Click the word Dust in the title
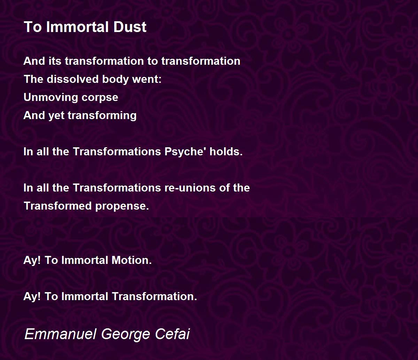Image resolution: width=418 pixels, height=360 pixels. pyautogui.click(x=130, y=27)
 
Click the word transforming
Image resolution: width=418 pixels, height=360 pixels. pyautogui.click(x=102, y=116)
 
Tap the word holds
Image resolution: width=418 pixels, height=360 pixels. pyautogui.click(x=226, y=151)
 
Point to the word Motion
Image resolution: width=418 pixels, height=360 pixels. pyautogui.click(x=131, y=260)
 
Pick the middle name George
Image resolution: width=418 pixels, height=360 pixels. pyautogui.click(x=126, y=335)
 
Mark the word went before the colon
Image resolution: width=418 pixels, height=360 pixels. pyautogui.click(x=145, y=79)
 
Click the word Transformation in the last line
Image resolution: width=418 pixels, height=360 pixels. pyautogui.click(x=154, y=296)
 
